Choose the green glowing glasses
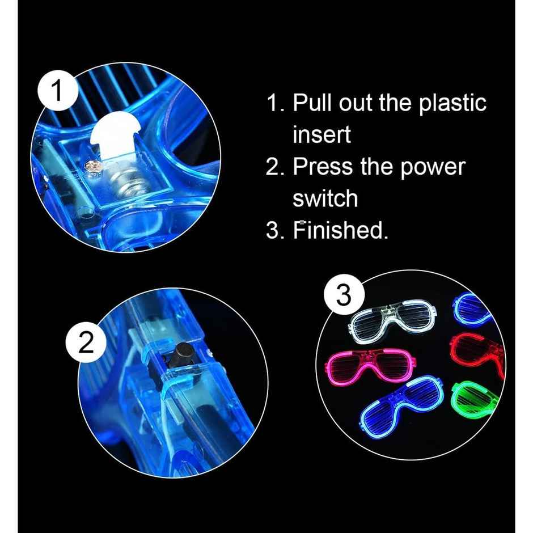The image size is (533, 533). (x=475, y=399)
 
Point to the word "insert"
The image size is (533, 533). (x=322, y=135)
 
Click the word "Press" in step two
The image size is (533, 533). (x=323, y=167)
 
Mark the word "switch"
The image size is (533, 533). (x=325, y=198)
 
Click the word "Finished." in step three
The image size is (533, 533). (x=340, y=230)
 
